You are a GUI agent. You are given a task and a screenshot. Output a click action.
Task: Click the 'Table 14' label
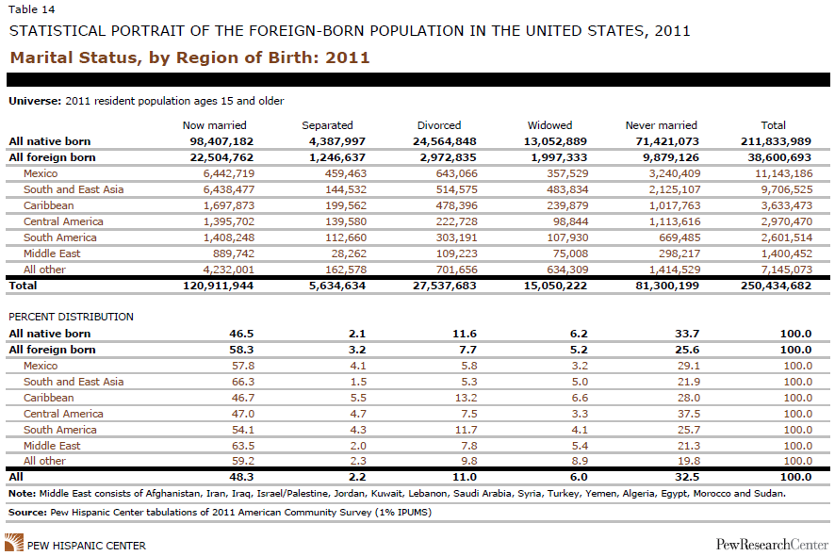(x=31, y=9)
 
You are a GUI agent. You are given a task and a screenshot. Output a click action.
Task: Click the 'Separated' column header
(x=327, y=125)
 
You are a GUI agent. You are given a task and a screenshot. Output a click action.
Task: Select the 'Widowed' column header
(x=549, y=125)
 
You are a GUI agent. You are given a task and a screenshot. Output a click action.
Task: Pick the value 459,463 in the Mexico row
(x=346, y=173)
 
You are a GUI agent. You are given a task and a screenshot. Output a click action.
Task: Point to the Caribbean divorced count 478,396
(x=457, y=205)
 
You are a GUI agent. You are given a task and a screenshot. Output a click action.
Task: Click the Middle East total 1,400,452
(x=787, y=253)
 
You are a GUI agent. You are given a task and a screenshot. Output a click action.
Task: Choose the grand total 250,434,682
(x=776, y=286)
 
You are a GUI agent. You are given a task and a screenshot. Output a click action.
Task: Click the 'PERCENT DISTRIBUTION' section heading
(x=71, y=317)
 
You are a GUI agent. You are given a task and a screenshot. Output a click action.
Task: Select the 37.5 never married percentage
(x=689, y=414)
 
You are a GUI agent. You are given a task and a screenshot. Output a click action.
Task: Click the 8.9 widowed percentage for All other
(x=580, y=461)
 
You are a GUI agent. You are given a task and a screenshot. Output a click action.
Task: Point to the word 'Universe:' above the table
(x=35, y=101)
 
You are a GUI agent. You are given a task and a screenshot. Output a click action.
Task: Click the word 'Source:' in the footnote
(x=27, y=513)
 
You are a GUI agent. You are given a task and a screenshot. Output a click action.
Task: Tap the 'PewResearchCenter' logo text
(x=772, y=545)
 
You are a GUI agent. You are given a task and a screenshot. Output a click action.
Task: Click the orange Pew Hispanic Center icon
(x=14, y=543)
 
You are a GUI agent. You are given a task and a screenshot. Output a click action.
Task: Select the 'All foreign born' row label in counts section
(x=52, y=157)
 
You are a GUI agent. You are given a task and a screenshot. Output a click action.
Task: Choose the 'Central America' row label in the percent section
(x=63, y=414)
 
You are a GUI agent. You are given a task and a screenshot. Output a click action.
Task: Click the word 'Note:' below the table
(x=23, y=494)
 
